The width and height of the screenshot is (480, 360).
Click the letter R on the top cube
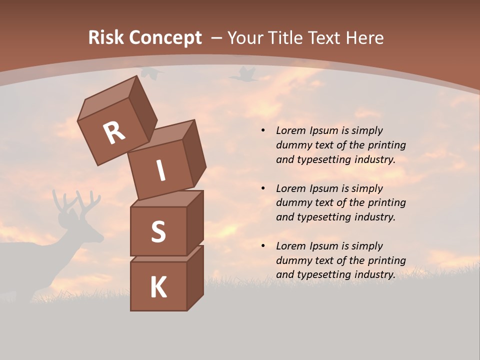(114, 132)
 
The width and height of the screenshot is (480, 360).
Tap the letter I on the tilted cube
(160, 171)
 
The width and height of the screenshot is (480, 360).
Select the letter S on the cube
(158, 231)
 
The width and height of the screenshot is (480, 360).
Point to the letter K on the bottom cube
(158, 287)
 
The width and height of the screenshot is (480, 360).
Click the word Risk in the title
(105, 37)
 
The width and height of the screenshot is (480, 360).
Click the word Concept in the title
(165, 38)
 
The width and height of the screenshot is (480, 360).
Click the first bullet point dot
(263, 131)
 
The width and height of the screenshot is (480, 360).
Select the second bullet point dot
(263, 188)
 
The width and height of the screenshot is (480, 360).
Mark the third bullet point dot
(263, 246)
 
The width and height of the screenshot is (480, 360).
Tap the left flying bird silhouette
(150, 73)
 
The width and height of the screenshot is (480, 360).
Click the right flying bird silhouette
(243, 75)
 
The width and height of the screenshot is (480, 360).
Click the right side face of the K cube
(195, 277)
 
